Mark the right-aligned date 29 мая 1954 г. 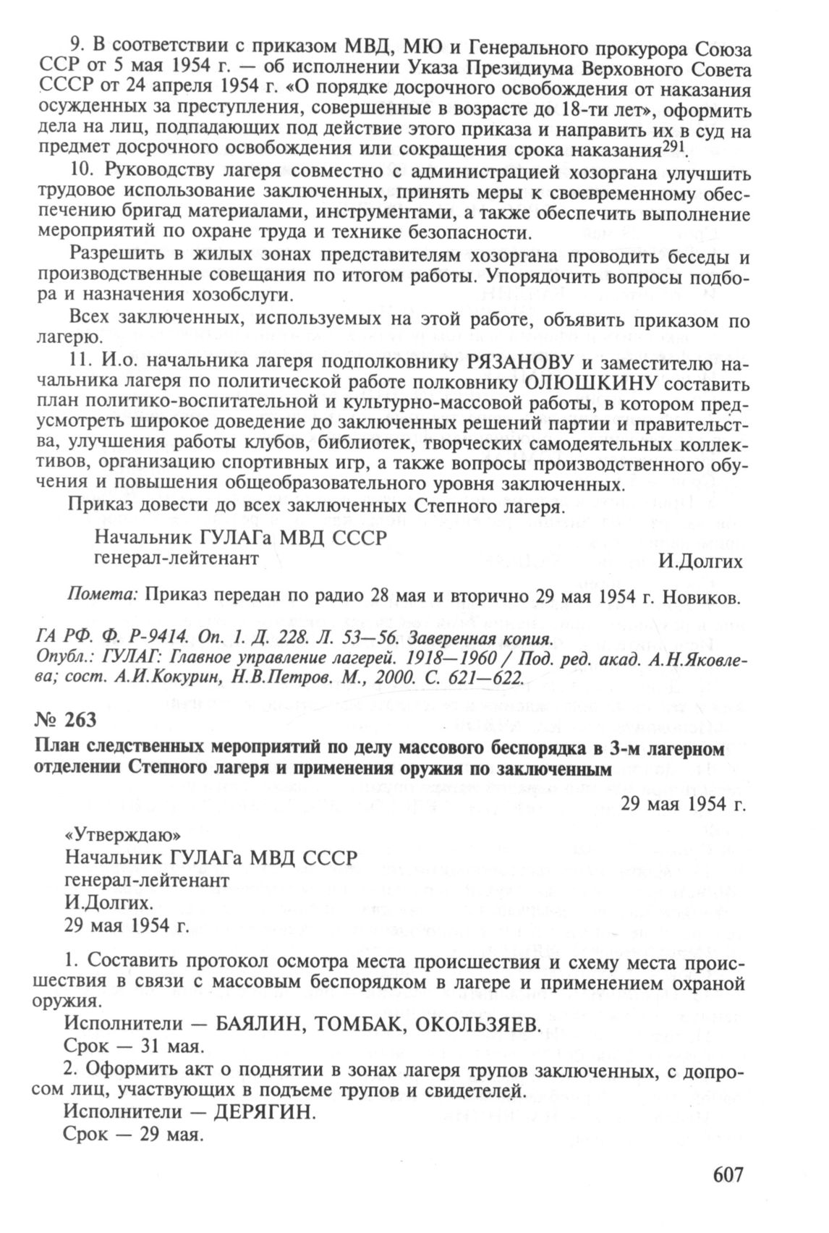pos(682,803)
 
